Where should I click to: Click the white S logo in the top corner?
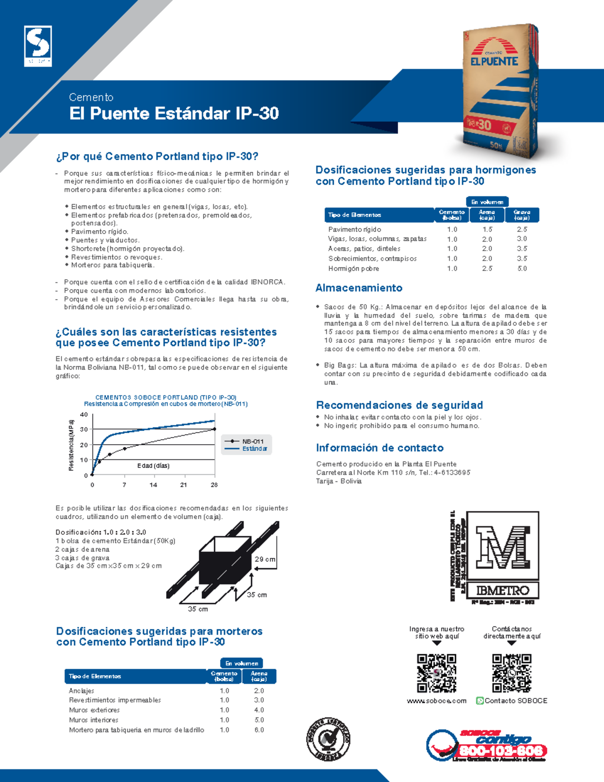38,45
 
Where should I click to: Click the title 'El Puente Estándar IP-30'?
174,113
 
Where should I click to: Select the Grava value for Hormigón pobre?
522,269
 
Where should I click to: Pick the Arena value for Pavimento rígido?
487,230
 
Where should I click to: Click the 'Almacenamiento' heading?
359,288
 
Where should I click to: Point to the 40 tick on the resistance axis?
84,415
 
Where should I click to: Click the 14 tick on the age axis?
153,485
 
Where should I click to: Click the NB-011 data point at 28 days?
215,429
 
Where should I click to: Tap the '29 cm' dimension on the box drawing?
265,559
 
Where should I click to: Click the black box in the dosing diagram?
223,567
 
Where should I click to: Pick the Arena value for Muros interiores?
259,720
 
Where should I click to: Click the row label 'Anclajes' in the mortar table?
82,691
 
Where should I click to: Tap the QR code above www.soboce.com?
436,673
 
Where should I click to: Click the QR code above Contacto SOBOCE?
511,673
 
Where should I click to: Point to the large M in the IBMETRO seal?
502,547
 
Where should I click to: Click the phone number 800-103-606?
501,751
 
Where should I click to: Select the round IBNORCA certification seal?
328,739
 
